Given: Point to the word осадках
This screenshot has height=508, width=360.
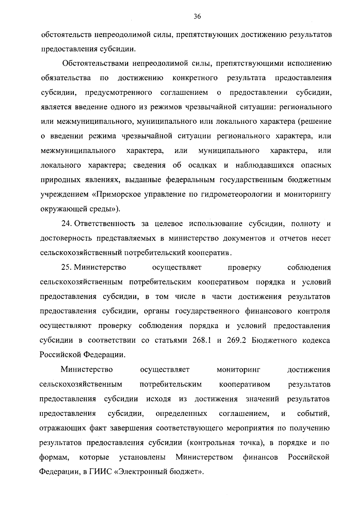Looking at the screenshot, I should (x=203, y=165).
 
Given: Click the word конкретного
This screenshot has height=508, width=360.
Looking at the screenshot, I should (x=195, y=78).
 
